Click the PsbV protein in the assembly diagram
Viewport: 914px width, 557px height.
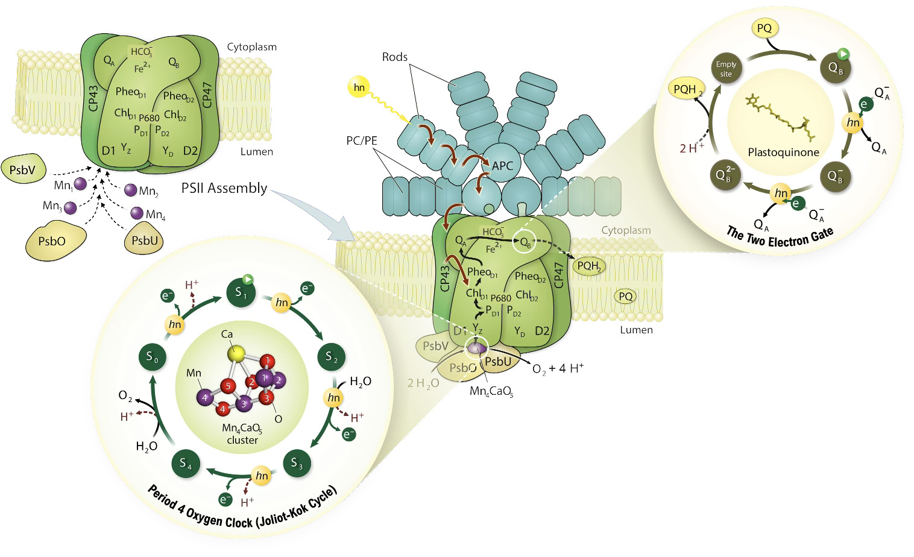23,170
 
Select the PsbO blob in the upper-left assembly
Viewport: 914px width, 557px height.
53,241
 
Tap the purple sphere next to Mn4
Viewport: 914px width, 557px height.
137,213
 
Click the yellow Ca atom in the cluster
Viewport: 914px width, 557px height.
238,353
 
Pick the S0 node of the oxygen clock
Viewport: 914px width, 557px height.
152,357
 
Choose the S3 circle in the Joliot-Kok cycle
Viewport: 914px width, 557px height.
297,463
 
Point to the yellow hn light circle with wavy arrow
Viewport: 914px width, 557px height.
359,87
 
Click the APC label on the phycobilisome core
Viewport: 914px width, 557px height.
502,166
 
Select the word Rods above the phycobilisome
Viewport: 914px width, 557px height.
395,57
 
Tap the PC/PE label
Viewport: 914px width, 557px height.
362,140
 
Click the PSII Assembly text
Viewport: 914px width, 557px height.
224,188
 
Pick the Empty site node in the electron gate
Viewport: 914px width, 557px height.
726,69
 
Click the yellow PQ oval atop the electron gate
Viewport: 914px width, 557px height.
764,28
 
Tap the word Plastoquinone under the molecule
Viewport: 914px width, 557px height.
783,153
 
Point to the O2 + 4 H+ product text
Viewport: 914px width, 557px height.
558,368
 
